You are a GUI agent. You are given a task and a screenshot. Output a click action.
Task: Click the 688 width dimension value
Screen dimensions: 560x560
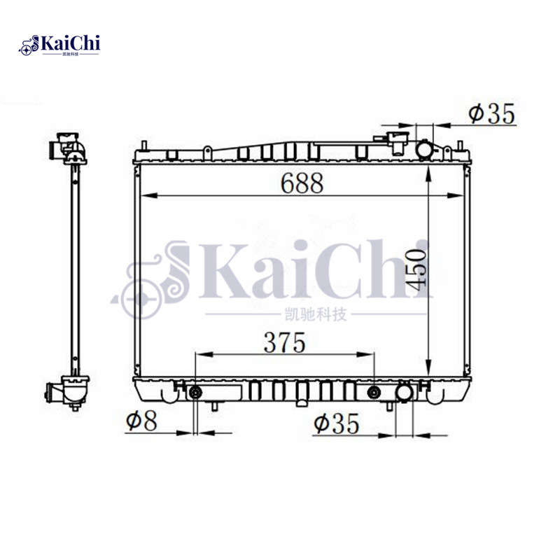(302, 183)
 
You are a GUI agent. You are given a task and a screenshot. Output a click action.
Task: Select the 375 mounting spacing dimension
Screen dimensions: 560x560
(284, 342)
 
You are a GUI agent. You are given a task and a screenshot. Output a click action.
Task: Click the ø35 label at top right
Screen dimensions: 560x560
(491, 113)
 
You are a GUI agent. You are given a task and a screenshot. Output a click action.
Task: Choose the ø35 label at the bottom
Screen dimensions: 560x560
(337, 423)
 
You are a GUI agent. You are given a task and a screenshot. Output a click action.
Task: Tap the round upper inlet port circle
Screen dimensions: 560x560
(424, 149)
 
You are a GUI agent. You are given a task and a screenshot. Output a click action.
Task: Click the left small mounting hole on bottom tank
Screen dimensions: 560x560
(195, 391)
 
